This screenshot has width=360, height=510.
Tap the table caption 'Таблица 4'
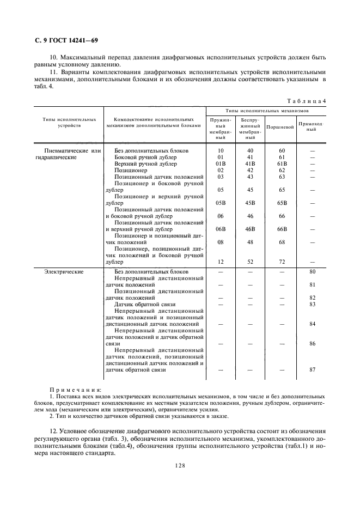pos(307,101)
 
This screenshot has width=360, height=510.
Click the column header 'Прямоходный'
pos(312,126)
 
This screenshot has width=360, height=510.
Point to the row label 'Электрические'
pos(64,271)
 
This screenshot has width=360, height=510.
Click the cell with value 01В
pos(221,163)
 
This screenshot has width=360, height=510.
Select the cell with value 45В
pos(251,203)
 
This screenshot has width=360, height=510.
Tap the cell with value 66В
pos(282,229)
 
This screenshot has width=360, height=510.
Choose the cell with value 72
pos(282,262)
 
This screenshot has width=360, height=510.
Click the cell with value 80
pos(312,271)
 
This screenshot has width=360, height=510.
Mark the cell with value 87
pos(312,370)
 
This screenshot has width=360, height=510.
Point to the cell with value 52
pos(251,262)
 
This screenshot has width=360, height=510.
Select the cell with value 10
pos(221,150)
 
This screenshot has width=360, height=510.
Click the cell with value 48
pos(251,242)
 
